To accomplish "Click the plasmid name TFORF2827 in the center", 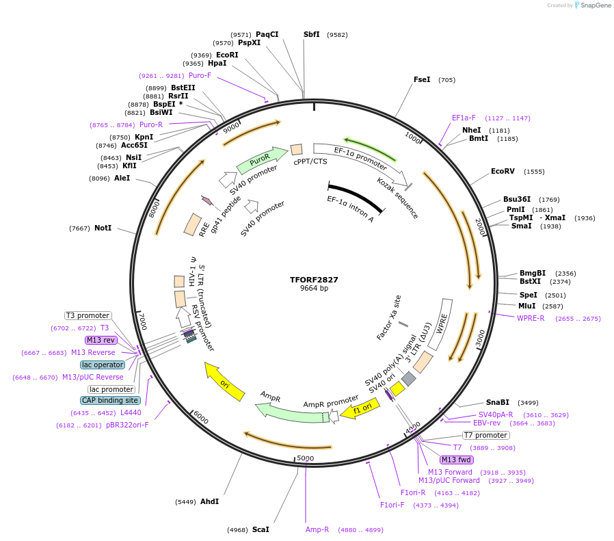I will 314,280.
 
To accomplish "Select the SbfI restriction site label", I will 311,34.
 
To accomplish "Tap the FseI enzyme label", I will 422,79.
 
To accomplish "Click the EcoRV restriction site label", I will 503,171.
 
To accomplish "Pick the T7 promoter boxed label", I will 485,435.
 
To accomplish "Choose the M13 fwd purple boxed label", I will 457,460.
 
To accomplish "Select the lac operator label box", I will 103,365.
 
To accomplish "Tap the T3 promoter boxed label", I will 88,315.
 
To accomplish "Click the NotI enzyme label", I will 102,228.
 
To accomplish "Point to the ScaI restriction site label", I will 261,529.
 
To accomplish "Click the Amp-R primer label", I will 317,529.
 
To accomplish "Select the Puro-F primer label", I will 200,75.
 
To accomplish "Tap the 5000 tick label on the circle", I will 305,458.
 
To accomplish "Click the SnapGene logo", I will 592,5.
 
